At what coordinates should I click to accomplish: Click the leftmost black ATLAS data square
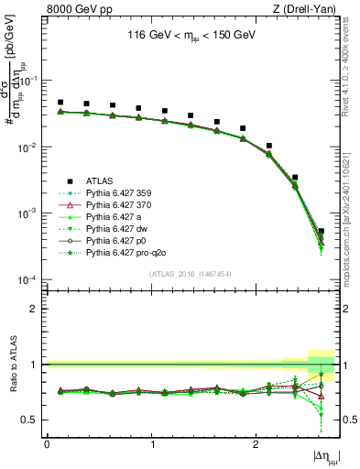pos(60,103)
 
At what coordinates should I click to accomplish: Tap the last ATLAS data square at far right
pos(321,232)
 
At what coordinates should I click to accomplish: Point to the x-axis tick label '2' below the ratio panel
pos(255,443)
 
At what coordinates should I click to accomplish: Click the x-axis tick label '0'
pos(47,443)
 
